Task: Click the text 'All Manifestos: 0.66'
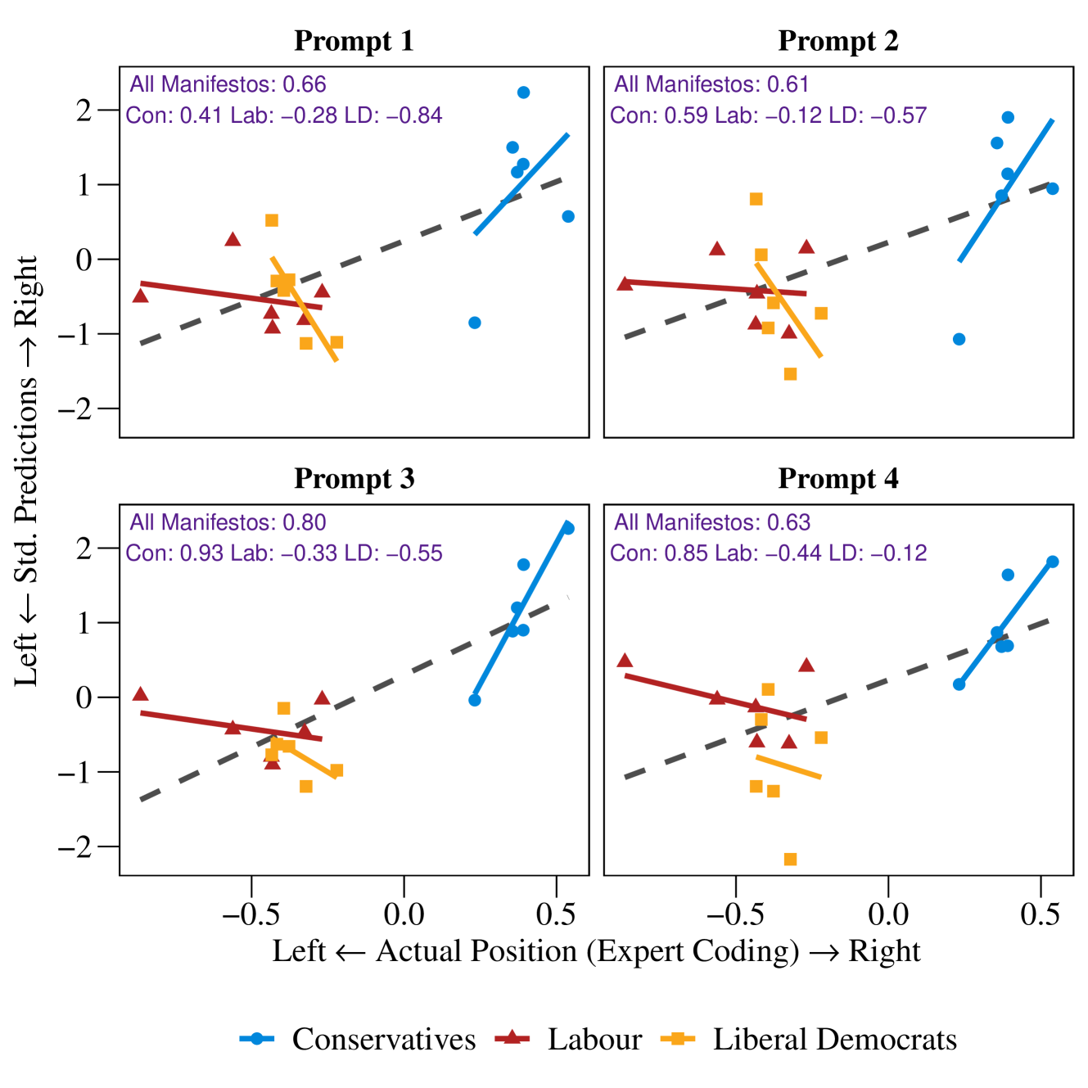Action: [x=228, y=84]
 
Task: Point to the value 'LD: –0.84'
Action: [x=394, y=115]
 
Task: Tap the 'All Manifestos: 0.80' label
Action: [x=228, y=522]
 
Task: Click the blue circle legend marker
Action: [x=256, y=1038]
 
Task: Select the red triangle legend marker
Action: [x=512, y=1037]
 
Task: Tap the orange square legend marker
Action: [x=678, y=1038]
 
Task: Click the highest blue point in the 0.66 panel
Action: [x=524, y=93]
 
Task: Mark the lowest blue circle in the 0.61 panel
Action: [x=959, y=339]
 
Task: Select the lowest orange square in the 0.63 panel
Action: [x=790, y=859]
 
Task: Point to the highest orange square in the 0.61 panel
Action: [x=756, y=200]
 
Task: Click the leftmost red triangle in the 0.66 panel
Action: [x=141, y=295]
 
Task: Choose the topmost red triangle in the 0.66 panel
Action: [x=232, y=239]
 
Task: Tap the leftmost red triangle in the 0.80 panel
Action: [x=141, y=693]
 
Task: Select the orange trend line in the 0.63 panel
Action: [x=788, y=767]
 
